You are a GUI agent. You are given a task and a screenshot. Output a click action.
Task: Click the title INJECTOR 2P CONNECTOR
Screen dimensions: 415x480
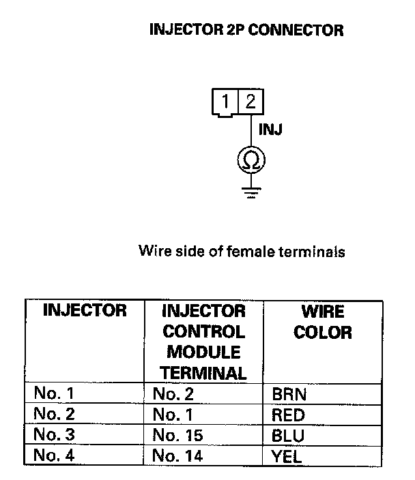coord(246,30)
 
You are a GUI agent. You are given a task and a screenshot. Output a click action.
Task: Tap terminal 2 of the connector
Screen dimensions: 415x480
coord(251,102)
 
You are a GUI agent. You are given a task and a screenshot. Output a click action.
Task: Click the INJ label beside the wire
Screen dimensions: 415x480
coord(271,129)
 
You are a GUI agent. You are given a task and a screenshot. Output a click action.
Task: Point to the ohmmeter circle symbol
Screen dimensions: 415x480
coord(251,161)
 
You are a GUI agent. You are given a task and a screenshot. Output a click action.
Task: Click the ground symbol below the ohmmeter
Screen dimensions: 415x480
coord(251,191)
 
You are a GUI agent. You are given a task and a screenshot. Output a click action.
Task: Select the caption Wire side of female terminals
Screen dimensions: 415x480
coord(242,251)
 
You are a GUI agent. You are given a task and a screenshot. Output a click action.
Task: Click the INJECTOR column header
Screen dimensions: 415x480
coord(85,311)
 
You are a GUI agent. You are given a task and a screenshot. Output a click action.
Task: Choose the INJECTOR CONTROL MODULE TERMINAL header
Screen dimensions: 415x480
coord(204,342)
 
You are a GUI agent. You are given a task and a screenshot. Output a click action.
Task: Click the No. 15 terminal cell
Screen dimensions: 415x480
coord(178,435)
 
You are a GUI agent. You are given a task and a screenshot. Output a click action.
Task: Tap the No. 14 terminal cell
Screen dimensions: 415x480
coord(178,455)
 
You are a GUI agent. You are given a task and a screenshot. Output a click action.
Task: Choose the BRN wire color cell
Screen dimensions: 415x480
coord(289,394)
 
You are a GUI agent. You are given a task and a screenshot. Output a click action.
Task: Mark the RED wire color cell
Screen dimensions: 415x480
coord(288,415)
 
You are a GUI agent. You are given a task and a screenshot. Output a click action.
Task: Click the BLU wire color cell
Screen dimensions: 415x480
coord(287,435)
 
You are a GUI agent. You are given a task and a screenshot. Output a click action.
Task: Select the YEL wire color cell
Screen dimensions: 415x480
coord(287,455)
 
